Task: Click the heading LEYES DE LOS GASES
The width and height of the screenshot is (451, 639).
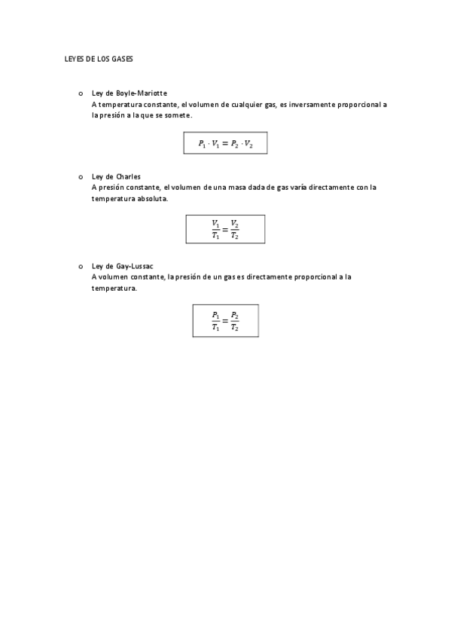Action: click(x=98, y=58)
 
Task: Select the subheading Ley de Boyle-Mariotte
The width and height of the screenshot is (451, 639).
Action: click(x=129, y=93)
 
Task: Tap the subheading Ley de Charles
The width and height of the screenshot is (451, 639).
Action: click(x=116, y=176)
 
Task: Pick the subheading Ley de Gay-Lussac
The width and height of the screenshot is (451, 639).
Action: click(x=122, y=266)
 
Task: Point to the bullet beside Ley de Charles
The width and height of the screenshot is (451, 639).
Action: click(x=80, y=176)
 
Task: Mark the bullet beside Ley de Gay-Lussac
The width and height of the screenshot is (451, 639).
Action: click(x=80, y=266)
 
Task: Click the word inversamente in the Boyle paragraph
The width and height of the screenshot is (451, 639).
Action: click(x=314, y=105)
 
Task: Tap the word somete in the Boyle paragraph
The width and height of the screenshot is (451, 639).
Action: click(x=177, y=115)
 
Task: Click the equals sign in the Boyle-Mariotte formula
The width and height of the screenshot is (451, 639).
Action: click(x=225, y=142)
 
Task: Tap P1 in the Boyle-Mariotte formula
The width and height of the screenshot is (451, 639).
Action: click(x=202, y=142)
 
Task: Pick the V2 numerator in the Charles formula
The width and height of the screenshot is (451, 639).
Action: click(x=235, y=224)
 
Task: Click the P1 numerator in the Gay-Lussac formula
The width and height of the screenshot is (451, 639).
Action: click(x=215, y=315)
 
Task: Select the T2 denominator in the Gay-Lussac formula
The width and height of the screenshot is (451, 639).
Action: click(x=235, y=327)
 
